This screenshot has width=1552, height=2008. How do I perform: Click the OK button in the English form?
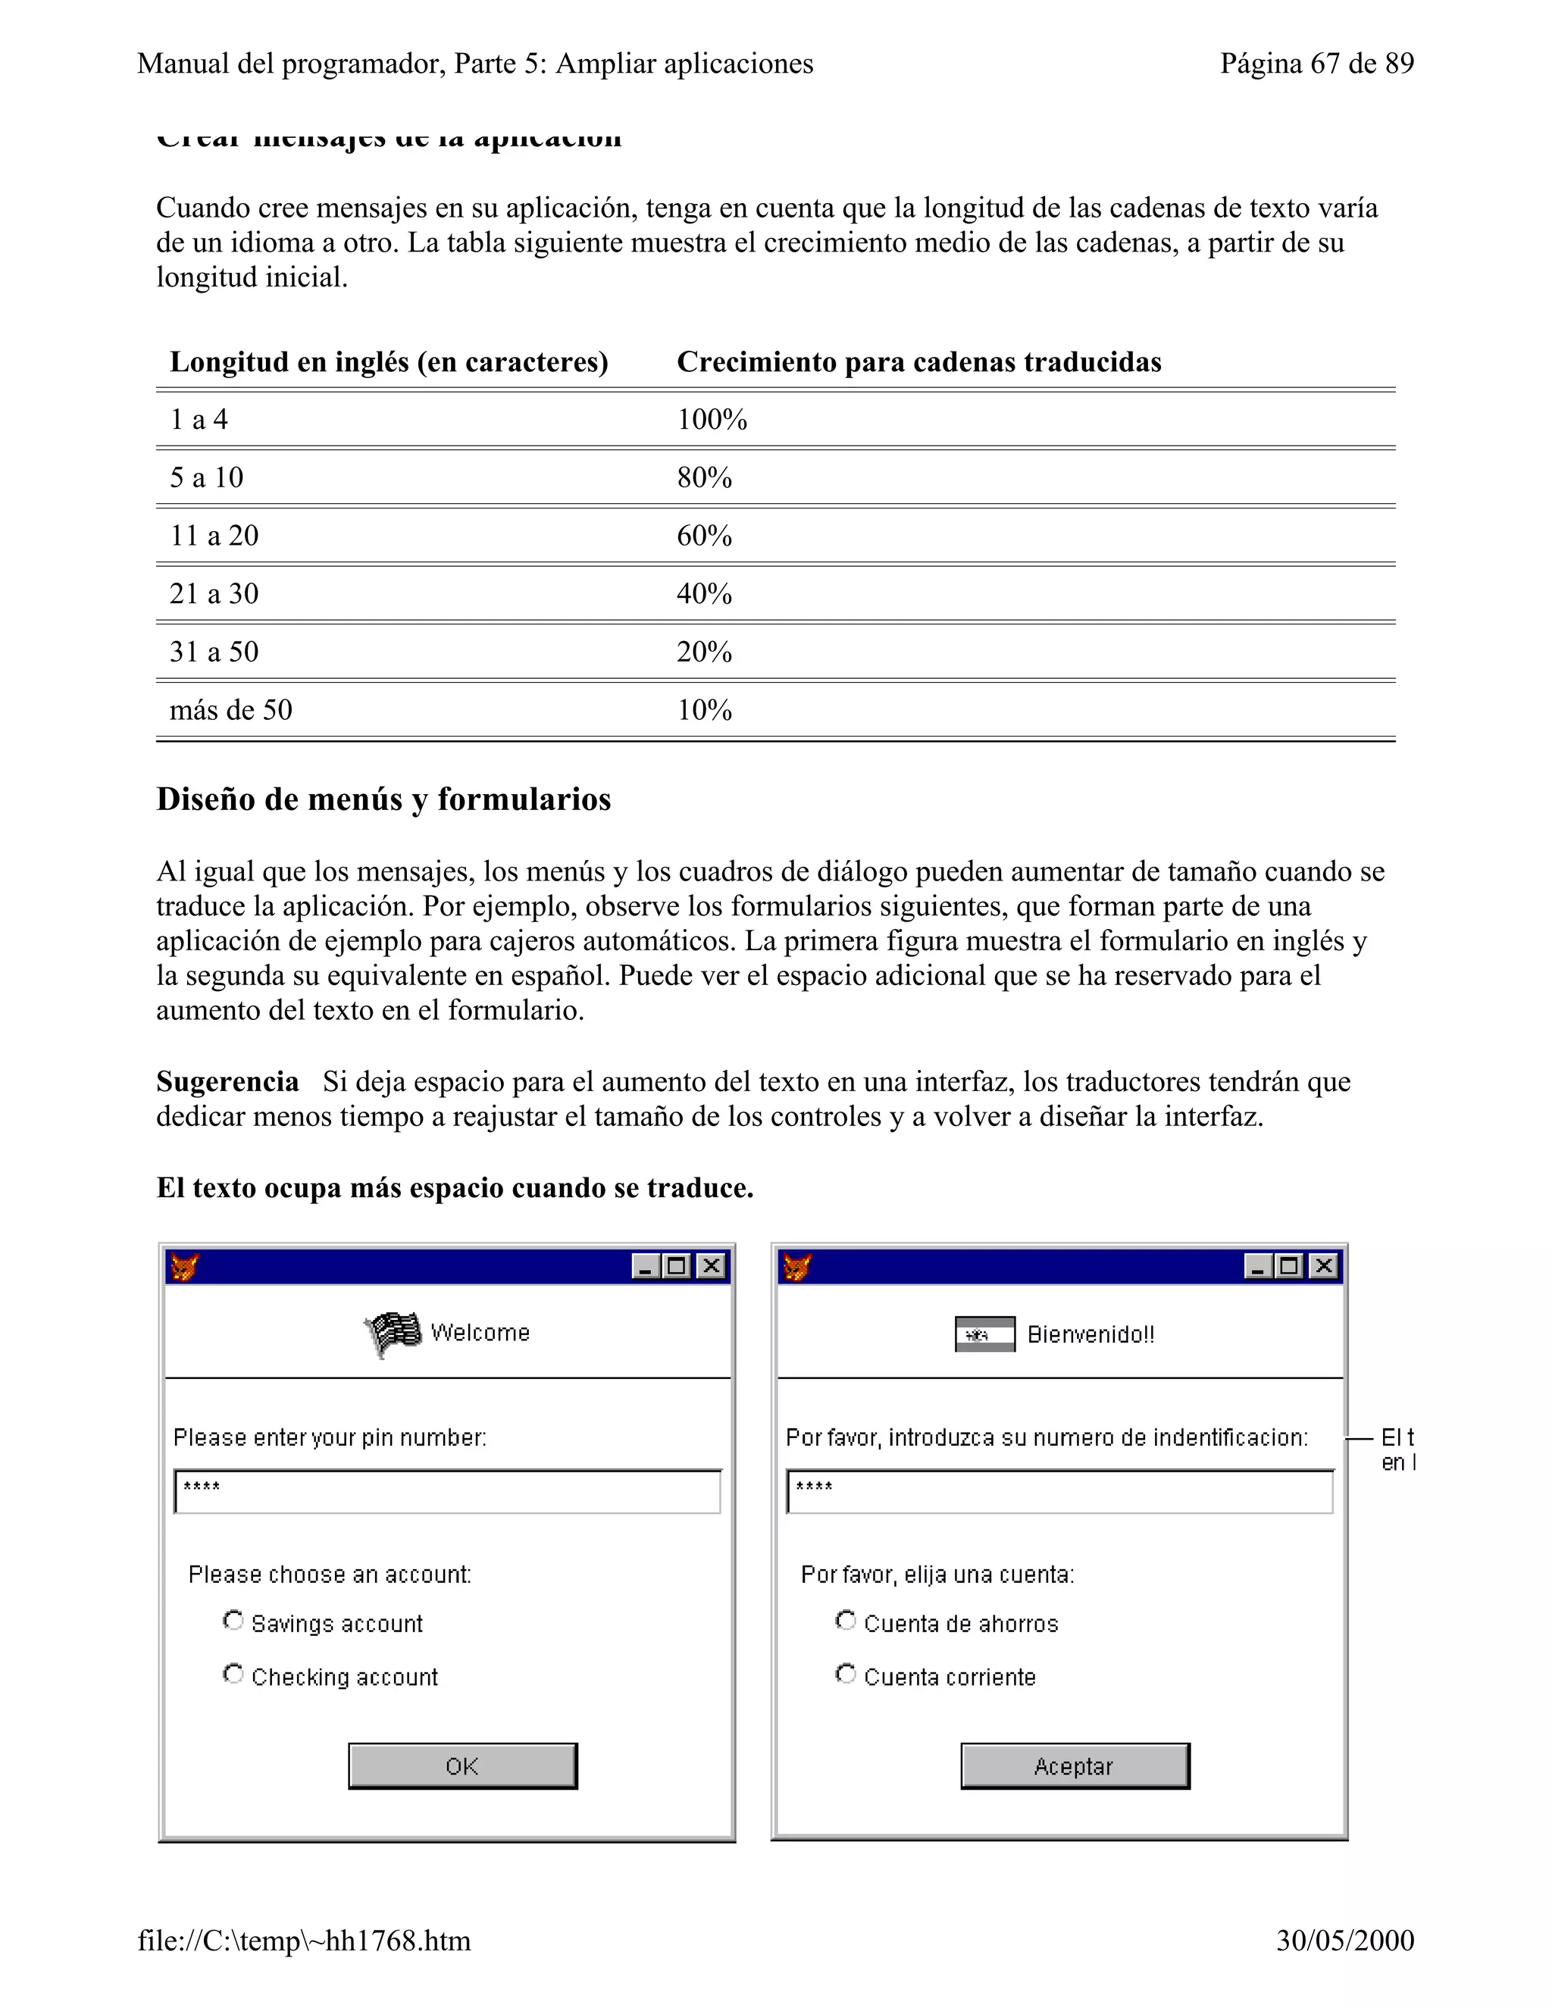462,1766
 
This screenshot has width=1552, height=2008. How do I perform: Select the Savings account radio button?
233,1621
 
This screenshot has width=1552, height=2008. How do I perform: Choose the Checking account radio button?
233,1675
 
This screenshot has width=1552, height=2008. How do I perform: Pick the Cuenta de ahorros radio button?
846,1621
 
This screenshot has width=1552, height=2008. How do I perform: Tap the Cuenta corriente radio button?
846,1675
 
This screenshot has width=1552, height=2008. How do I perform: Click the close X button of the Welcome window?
711,1267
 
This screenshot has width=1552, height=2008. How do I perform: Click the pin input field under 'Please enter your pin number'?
447,1491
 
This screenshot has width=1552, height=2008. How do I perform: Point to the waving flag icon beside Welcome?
393,1333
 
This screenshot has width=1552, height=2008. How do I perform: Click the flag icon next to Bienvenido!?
984,1334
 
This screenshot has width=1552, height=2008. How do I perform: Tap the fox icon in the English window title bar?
185,1267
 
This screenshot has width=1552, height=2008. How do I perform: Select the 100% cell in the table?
712,421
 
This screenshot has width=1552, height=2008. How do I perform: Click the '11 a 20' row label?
214,536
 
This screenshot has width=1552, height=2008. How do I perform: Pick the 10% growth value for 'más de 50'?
704,710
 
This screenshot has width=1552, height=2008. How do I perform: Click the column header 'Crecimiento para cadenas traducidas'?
918,362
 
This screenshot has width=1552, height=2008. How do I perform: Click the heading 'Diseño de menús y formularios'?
383,799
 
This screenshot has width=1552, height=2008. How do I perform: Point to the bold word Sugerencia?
227,1081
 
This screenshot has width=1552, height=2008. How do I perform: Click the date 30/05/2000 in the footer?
1344,1940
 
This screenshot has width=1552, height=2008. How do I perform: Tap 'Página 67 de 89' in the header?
1316,64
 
